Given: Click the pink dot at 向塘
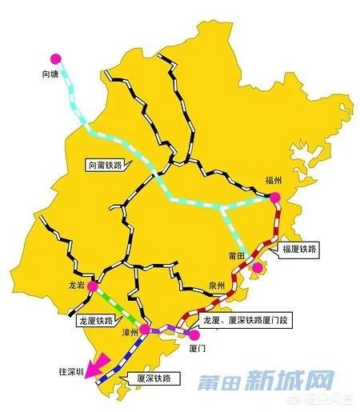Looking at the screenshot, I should click(x=55, y=58).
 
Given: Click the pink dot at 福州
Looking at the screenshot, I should click(x=274, y=197).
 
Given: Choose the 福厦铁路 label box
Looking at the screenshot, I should click(x=299, y=250).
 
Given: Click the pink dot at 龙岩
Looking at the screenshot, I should click(x=93, y=285).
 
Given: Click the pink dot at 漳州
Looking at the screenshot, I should click(x=145, y=329).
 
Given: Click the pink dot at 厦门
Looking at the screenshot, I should click(x=193, y=335).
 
